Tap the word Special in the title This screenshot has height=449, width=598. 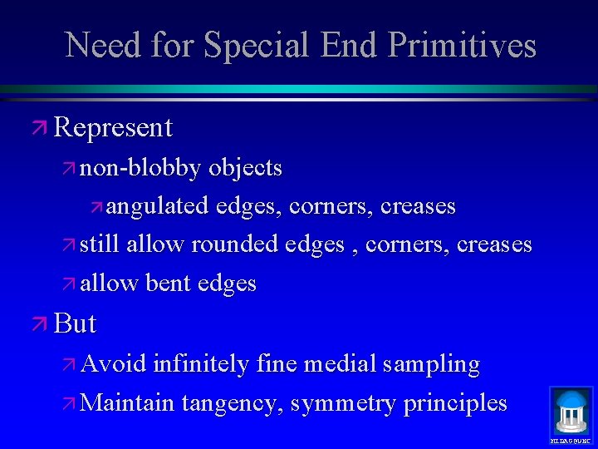(252, 45)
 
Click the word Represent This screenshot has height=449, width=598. (113, 127)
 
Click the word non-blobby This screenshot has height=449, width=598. (140, 168)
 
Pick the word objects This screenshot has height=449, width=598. (246, 168)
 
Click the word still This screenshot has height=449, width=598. (100, 244)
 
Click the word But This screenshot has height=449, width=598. (76, 323)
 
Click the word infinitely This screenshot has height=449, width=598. (200, 364)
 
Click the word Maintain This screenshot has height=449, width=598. (129, 403)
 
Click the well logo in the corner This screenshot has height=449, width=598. (571, 412)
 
